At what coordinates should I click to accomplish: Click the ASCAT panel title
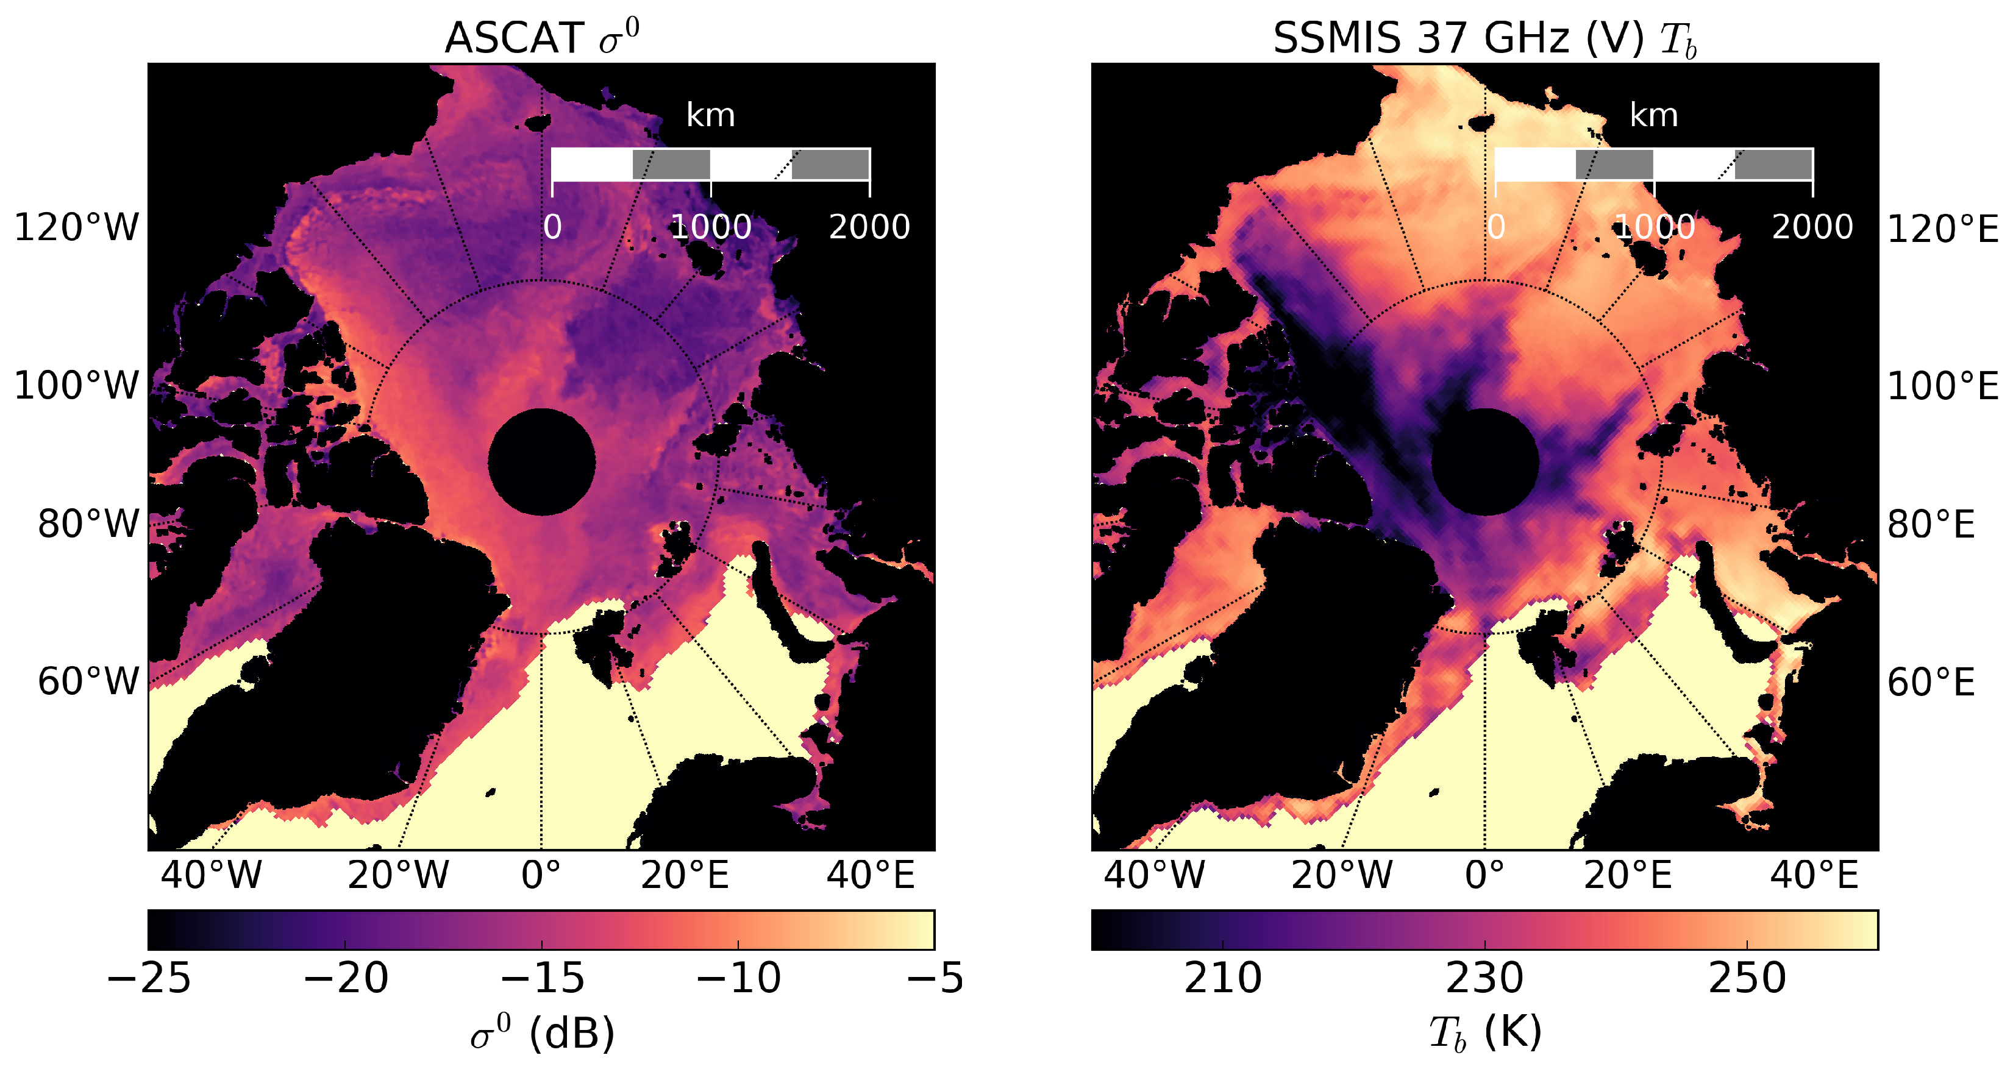pyautogui.click(x=541, y=38)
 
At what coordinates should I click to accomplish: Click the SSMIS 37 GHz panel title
pyautogui.click(x=1484, y=38)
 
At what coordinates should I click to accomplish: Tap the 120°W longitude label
pyautogui.click(x=77, y=228)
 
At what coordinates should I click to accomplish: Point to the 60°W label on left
pyautogui.click(x=88, y=681)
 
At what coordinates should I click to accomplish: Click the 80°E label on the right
pyautogui.click(x=1931, y=524)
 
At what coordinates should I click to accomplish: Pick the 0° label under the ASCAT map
pyautogui.click(x=541, y=875)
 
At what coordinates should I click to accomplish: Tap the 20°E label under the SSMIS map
pyautogui.click(x=1628, y=875)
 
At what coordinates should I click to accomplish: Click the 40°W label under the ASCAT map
pyautogui.click(x=211, y=875)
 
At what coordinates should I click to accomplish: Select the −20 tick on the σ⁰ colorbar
pyautogui.click(x=346, y=978)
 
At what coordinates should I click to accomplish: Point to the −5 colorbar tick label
pyautogui.click(x=935, y=978)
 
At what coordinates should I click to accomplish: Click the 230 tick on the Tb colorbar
pyautogui.click(x=1484, y=978)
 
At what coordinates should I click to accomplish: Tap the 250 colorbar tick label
pyautogui.click(x=1747, y=978)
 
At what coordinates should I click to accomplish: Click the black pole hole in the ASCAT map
pyautogui.click(x=541, y=462)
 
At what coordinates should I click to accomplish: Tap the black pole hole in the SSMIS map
pyautogui.click(x=1484, y=462)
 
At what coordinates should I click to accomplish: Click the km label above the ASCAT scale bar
pyautogui.click(x=710, y=116)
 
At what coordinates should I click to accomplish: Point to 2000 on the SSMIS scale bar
pyautogui.click(x=1812, y=227)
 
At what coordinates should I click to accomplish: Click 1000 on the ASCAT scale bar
pyautogui.click(x=710, y=227)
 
